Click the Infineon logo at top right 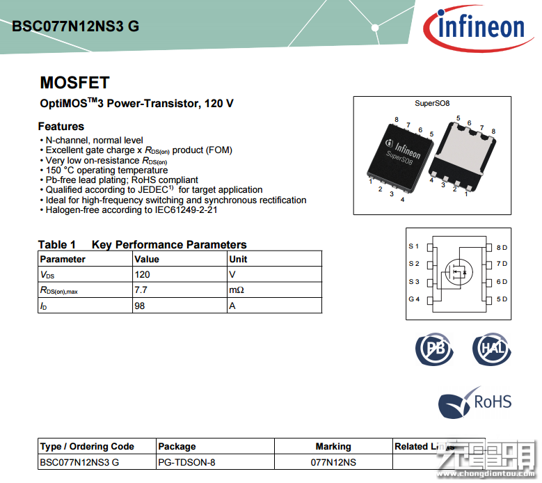tap(480, 26)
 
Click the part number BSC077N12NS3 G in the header tap(75, 26)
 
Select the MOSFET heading tap(74, 83)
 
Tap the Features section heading tap(61, 126)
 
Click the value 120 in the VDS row tap(142, 274)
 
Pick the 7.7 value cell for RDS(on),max tap(140, 290)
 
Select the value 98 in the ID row tap(140, 306)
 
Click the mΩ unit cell tap(237, 290)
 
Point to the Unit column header tap(238, 259)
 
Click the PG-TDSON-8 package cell tap(187, 461)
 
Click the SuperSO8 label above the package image tap(432, 104)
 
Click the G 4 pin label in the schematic tap(414, 299)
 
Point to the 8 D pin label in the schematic tap(502, 247)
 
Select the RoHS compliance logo tap(475, 402)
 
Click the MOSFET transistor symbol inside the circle tap(456, 271)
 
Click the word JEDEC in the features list tap(148, 189)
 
